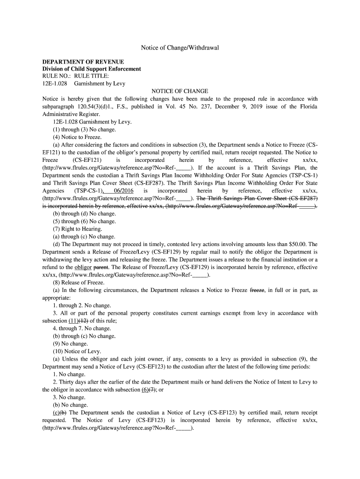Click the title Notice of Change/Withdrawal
pyautogui.click(x=180, y=48)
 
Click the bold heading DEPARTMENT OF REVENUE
pyautogui.click(x=83, y=62)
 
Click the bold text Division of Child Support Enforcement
pyautogui.click(x=92, y=69)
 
